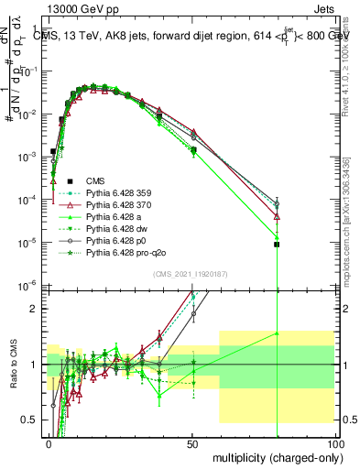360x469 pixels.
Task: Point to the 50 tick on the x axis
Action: tap(193, 442)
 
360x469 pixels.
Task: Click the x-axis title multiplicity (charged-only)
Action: tap(273, 457)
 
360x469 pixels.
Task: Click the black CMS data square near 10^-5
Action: tap(277, 245)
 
